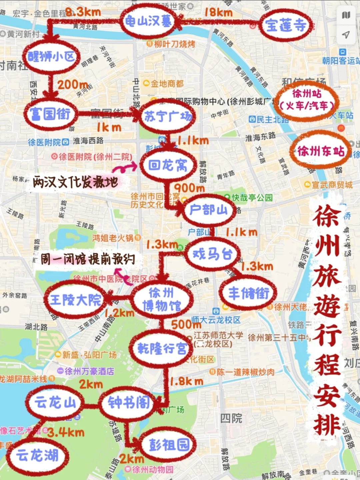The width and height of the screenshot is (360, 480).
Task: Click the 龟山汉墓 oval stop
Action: (x=148, y=22)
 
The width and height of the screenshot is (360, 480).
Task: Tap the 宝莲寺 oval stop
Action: (x=286, y=25)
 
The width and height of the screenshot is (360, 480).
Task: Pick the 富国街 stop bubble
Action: (x=51, y=114)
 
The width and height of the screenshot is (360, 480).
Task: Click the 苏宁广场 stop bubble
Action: (x=168, y=116)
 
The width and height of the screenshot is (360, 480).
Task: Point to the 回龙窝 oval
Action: (x=168, y=165)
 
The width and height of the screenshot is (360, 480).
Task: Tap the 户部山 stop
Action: (x=208, y=210)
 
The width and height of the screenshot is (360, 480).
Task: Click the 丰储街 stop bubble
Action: (x=248, y=293)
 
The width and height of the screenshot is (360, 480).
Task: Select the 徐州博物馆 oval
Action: (x=162, y=299)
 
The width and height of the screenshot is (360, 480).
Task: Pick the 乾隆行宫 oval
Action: (x=162, y=349)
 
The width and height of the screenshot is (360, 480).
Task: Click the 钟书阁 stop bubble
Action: (x=129, y=403)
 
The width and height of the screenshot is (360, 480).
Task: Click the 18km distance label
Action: (x=218, y=13)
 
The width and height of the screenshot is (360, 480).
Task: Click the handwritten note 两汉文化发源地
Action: (x=75, y=182)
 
